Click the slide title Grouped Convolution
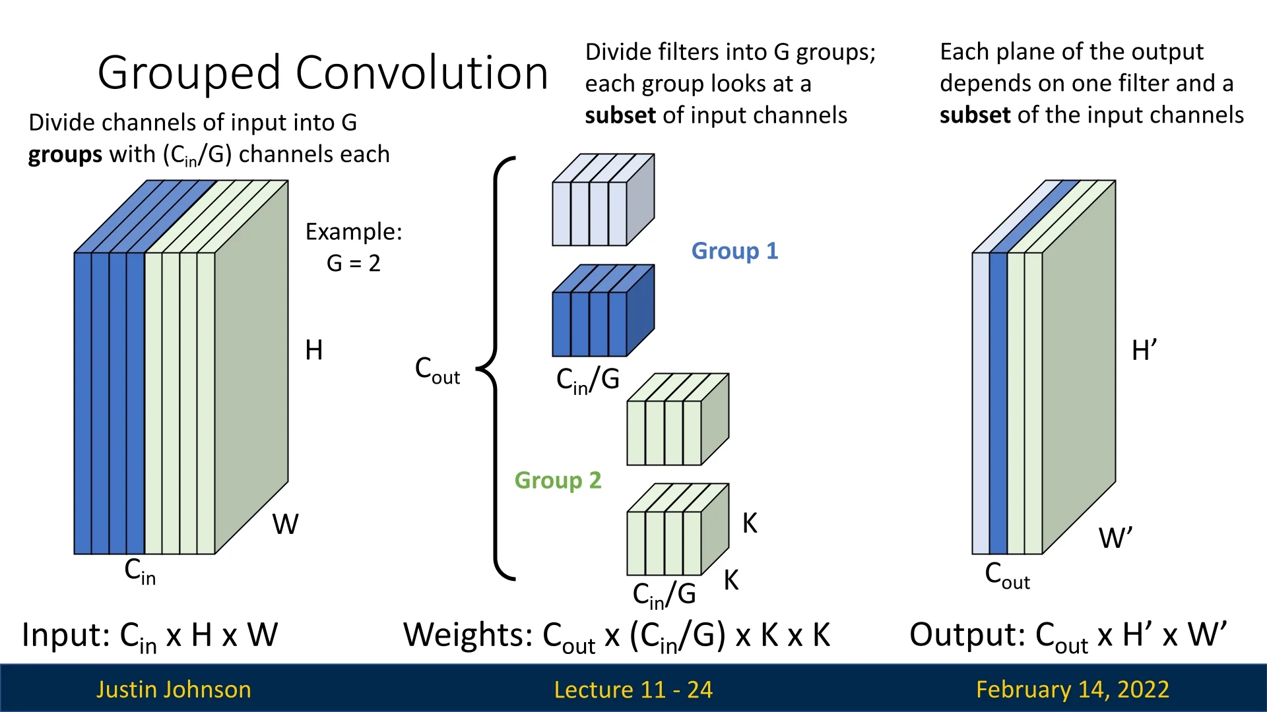(323, 73)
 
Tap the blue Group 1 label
(734, 251)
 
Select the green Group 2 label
(558, 481)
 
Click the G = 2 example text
(354, 264)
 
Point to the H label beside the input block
(314, 350)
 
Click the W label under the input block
(285, 525)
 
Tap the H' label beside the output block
(1144, 350)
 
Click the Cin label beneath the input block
(140, 571)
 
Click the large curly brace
(496, 369)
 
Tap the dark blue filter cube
(602, 311)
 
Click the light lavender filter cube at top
(602, 200)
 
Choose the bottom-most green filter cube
(676, 530)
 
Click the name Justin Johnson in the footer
(174, 690)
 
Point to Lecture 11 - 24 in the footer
(633, 690)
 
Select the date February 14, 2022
(1072, 690)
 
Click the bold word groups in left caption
(65, 155)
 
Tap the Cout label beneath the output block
(1007, 576)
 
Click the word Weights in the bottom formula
(468, 635)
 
